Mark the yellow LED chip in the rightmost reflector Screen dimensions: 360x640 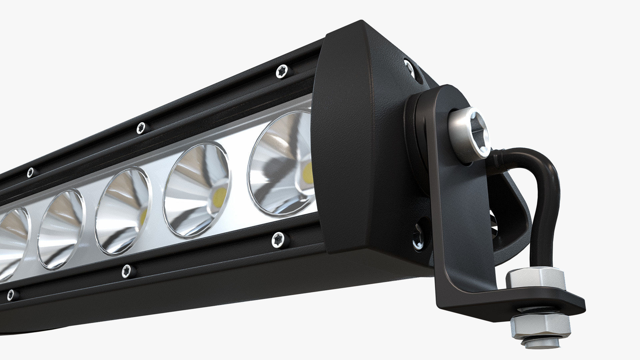[308, 173]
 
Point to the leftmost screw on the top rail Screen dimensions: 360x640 [30, 172]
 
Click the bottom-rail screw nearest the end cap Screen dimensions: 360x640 [277, 239]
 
